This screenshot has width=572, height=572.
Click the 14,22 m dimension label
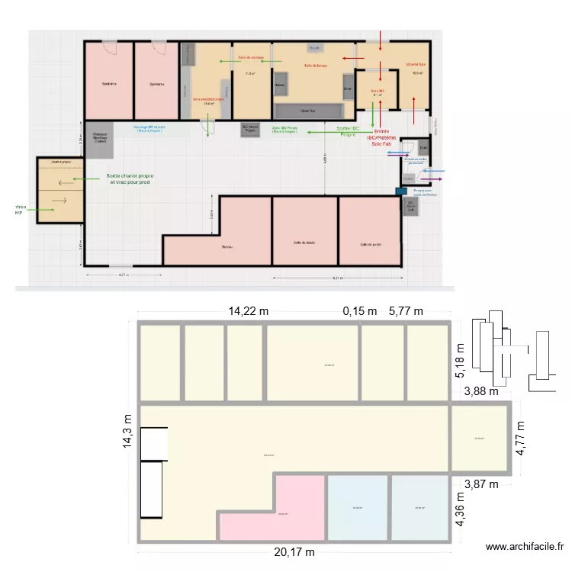(249, 310)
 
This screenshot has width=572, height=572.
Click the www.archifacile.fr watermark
(525, 546)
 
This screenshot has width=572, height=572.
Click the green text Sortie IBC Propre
(352, 131)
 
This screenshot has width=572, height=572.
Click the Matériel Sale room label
(416, 65)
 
